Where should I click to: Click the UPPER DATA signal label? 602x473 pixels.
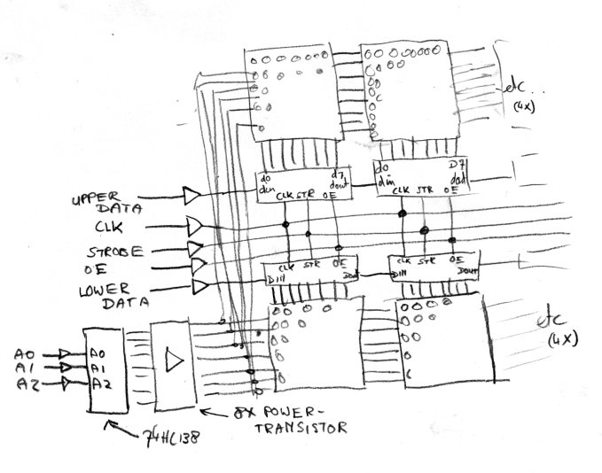click(x=104, y=206)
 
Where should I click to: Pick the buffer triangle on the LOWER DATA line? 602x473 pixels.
click(x=199, y=286)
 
